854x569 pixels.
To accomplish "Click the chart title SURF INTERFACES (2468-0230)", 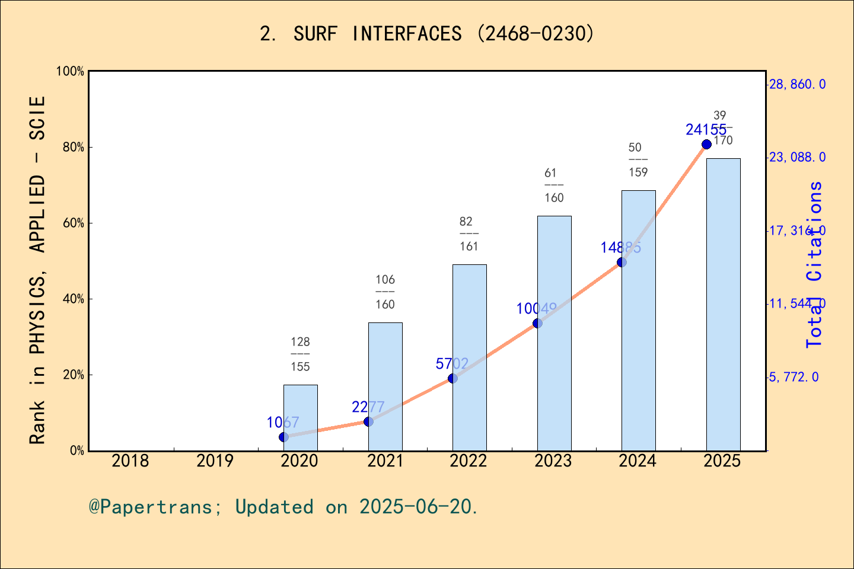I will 427,34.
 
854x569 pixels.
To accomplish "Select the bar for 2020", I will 300,418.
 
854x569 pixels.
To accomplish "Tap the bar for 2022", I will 469,357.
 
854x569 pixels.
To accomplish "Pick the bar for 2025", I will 723,305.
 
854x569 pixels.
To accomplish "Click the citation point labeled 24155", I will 706,145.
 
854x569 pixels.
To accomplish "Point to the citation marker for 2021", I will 368,421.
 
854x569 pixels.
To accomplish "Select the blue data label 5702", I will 452,364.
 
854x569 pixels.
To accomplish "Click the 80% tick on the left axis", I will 74,148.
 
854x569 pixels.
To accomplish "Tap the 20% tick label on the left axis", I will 74,375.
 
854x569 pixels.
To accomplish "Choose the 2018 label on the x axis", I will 130,461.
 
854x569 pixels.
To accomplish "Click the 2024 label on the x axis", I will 638,461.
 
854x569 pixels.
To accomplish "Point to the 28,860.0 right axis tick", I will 797,84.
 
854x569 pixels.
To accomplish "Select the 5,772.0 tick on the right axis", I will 794,377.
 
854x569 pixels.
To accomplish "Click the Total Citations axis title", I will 814,264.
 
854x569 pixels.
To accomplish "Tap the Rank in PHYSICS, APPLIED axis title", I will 37,270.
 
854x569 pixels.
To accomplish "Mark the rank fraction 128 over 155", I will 300,354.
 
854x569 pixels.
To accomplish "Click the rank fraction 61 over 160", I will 554,185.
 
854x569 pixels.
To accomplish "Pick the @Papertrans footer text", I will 283,507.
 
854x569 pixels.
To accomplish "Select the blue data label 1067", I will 283,423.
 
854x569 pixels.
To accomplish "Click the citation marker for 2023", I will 537,323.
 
